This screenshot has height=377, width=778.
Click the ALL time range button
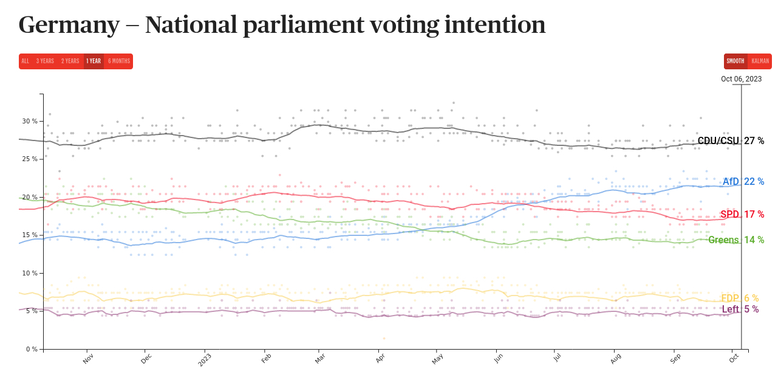click(25, 61)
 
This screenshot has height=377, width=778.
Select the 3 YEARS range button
click(45, 61)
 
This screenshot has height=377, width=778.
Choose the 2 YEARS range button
click(70, 61)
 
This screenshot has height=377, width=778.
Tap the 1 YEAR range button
click(94, 61)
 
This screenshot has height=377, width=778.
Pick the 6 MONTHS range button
click(119, 61)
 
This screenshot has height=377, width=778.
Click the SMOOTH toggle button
click(735, 61)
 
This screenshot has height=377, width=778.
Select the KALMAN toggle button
click(760, 61)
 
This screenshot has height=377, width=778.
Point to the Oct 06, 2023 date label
click(741, 79)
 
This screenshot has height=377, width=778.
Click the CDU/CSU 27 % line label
click(731, 141)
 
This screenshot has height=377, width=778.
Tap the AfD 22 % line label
click(743, 182)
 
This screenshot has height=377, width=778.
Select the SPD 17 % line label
click(742, 215)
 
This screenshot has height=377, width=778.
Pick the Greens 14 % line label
click(735, 240)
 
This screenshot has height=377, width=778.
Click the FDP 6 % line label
click(739, 299)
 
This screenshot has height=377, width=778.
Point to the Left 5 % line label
click(740, 310)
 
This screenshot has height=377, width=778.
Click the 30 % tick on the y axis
click(30, 121)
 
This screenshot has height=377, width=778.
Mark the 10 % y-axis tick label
click(30, 273)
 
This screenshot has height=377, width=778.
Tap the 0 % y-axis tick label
click(32, 349)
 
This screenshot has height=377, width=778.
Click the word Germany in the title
click(69, 25)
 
